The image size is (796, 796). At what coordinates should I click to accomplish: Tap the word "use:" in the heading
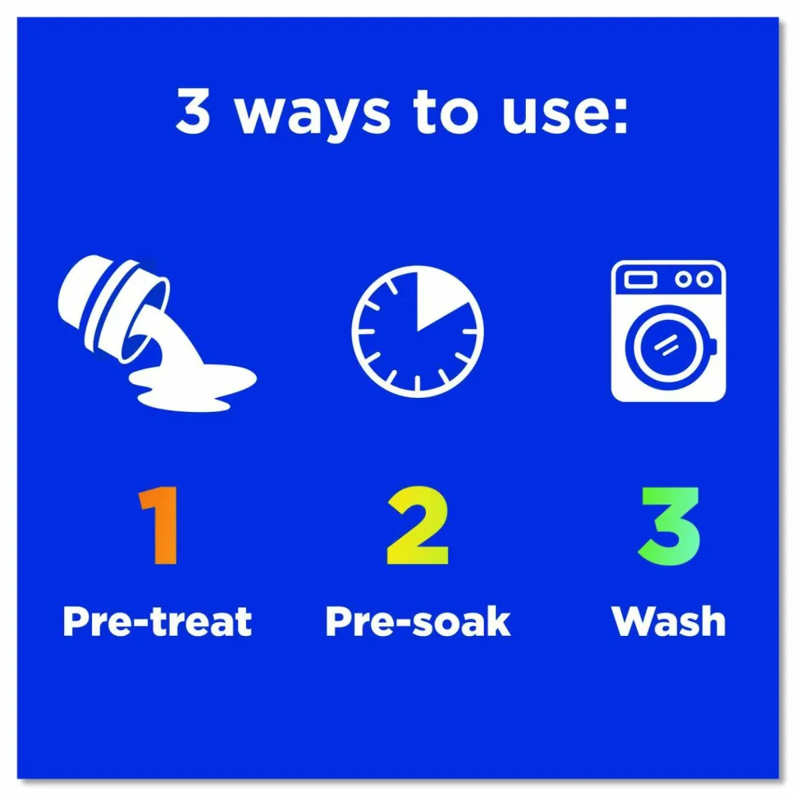click(565, 112)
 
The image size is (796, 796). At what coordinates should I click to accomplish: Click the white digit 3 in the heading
click(194, 110)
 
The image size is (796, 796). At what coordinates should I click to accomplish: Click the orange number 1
click(159, 525)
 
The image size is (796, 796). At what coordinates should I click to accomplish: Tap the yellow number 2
click(418, 525)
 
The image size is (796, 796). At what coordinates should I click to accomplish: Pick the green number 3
click(669, 526)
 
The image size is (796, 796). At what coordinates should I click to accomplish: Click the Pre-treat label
click(157, 621)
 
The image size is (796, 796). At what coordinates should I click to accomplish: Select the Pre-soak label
click(418, 621)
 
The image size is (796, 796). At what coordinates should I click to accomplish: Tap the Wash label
click(669, 621)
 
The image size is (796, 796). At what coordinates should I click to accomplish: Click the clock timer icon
click(418, 331)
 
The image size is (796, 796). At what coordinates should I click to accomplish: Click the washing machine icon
click(668, 331)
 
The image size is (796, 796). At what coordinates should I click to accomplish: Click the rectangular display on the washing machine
click(640, 279)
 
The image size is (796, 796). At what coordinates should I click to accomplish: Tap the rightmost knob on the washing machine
click(704, 279)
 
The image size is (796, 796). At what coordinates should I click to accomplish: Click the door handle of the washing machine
click(713, 346)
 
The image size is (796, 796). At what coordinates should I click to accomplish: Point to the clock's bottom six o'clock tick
click(418, 384)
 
